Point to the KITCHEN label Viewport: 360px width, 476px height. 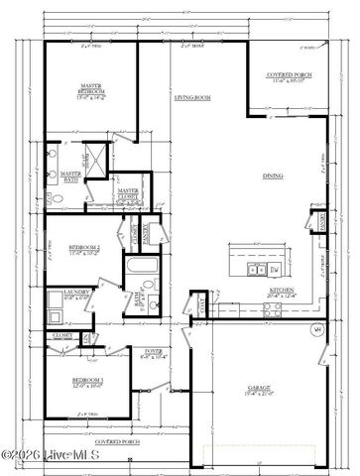[284, 292]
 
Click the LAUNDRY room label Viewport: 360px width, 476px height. [76, 293]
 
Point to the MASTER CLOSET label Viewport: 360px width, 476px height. [127, 193]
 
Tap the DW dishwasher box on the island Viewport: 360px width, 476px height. [275, 269]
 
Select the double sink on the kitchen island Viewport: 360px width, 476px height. [253, 269]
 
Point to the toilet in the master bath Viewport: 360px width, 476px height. [56, 200]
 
